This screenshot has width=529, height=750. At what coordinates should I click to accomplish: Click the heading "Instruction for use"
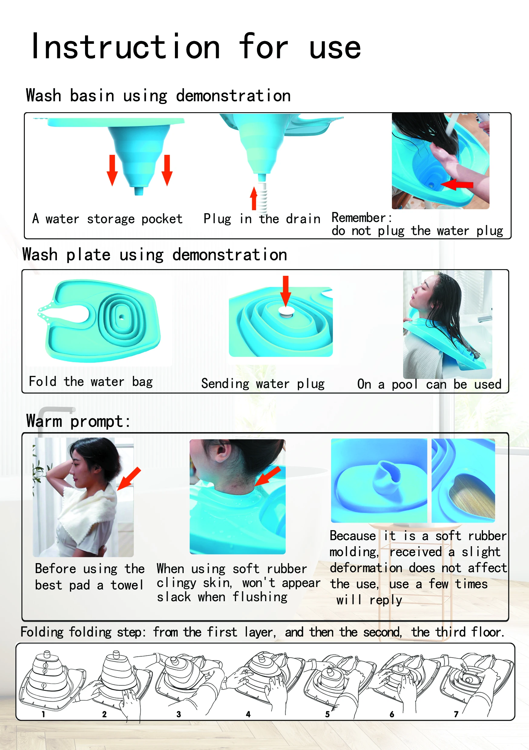(x=196, y=47)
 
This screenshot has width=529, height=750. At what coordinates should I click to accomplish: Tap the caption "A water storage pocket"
(x=107, y=219)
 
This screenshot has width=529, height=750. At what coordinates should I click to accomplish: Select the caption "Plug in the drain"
(x=262, y=219)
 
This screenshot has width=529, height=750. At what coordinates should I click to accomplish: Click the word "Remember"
(x=359, y=217)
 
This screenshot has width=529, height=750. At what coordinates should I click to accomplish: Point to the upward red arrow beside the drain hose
(x=254, y=198)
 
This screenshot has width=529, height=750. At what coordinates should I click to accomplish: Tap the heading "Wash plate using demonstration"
(x=155, y=255)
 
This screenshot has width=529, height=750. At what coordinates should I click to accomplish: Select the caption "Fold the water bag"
(x=91, y=382)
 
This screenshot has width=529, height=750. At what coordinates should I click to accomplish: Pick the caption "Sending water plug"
(x=263, y=384)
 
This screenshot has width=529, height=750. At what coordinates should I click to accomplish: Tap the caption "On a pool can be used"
(x=429, y=384)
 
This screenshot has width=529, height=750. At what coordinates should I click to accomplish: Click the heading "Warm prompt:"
(x=78, y=421)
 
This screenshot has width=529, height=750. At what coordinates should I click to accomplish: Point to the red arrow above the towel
(x=129, y=478)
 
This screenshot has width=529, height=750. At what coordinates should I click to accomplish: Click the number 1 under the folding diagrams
(x=43, y=714)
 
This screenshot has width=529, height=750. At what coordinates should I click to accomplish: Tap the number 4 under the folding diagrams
(x=248, y=714)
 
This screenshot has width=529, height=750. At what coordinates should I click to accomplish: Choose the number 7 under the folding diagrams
(x=456, y=714)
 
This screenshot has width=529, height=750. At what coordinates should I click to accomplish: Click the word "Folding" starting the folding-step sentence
(x=42, y=632)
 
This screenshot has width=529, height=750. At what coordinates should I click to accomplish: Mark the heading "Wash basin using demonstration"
(x=158, y=96)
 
